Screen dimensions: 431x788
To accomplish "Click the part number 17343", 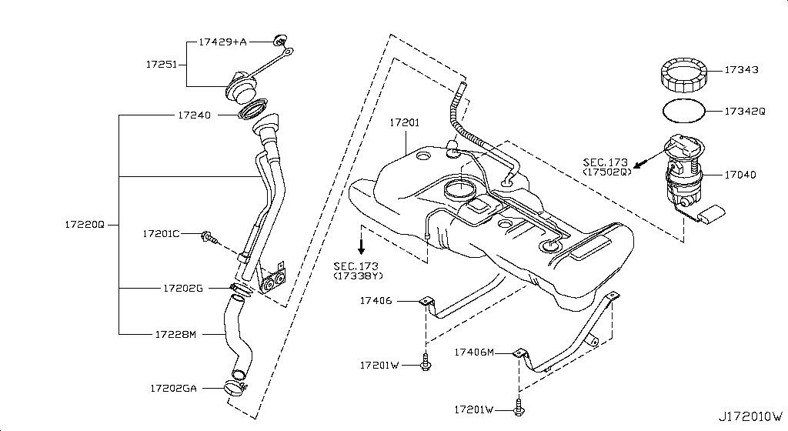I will (741, 70).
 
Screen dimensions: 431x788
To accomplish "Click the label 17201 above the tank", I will (404, 122).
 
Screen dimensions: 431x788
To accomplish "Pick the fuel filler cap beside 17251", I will (240, 85).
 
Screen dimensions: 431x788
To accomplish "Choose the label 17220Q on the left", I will (84, 225).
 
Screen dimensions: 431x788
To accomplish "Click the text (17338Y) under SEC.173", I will (358, 275).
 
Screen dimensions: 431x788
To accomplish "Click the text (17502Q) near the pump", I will (606, 172).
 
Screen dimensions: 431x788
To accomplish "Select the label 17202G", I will (182, 289).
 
